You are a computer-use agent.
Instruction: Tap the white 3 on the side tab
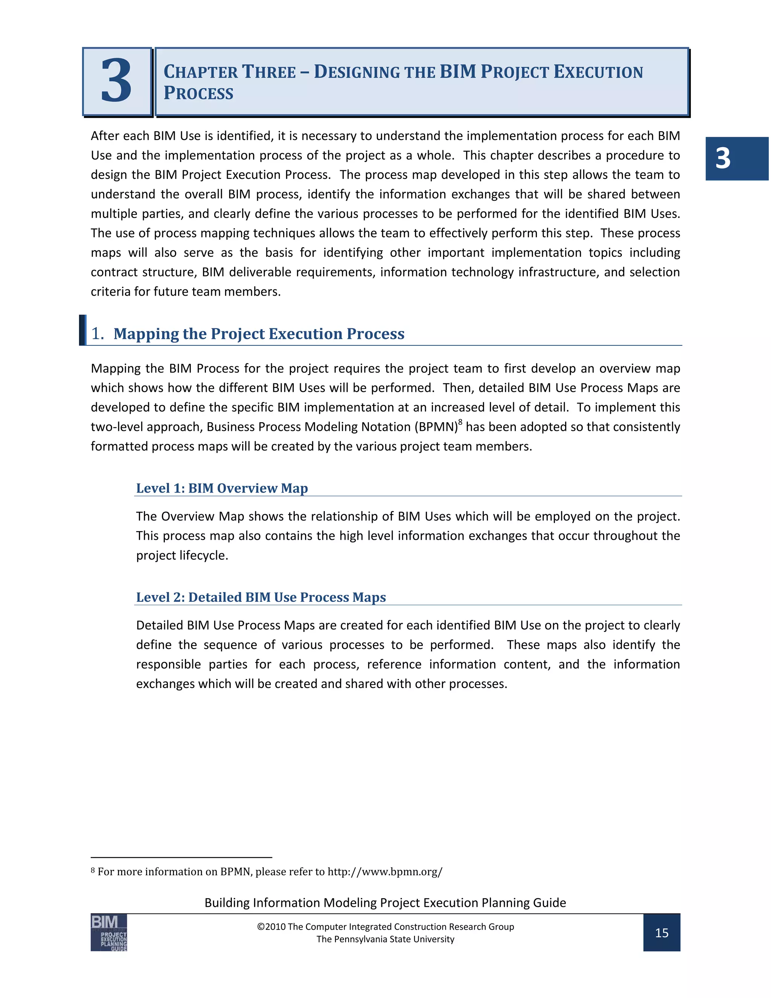(722, 159)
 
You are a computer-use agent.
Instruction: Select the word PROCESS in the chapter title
(199, 93)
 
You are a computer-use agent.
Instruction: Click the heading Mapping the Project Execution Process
(259, 334)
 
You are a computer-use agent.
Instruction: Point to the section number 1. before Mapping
(97, 334)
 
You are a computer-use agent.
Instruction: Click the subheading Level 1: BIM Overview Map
(222, 488)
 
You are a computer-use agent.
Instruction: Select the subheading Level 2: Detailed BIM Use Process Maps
(261, 597)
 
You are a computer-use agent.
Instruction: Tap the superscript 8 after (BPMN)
(460, 422)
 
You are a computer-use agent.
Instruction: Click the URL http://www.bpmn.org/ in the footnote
(385, 871)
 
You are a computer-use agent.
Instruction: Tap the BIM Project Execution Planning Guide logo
(109, 932)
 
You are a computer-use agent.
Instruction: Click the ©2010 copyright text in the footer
(385, 926)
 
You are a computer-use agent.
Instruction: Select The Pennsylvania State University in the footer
(385, 939)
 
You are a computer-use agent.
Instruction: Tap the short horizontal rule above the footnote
(181, 857)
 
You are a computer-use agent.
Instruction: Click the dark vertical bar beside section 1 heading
(82, 330)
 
